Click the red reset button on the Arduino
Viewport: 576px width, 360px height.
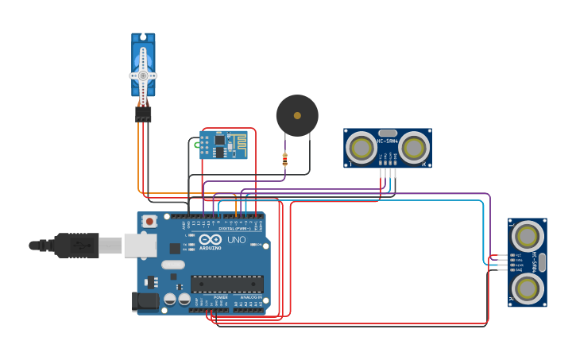click(x=149, y=222)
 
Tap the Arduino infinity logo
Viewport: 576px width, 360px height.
click(x=211, y=240)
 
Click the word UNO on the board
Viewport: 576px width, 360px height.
click(x=237, y=240)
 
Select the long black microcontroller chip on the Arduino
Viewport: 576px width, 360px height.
click(x=227, y=284)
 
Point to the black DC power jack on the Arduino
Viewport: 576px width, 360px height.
click(x=145, y=300)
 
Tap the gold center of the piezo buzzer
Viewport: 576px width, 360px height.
click(x=297, y=116)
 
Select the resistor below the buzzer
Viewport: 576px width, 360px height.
click(x=285, y=160)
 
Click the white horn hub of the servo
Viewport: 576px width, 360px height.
click(x=143, y=75)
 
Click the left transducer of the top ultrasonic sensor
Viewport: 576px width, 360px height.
click(x=361, y=148)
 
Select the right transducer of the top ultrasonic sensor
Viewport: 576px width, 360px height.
click(x=413, y=148)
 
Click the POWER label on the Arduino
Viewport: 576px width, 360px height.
click(x=220, y=297)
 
